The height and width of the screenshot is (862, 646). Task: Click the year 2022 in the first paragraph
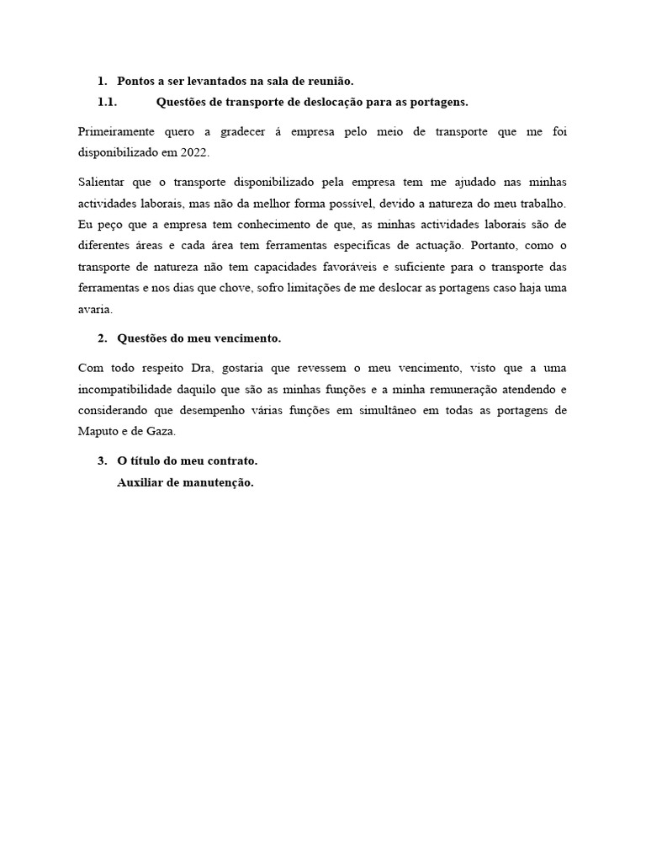click(193, 154)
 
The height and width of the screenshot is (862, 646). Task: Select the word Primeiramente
click(113, 133)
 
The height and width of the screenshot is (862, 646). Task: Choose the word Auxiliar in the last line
click(140, 483)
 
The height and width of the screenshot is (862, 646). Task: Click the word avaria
click(94, 309)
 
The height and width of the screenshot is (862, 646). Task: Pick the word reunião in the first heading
click(329, 81)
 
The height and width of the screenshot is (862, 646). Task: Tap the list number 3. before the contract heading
click(103, 461)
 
